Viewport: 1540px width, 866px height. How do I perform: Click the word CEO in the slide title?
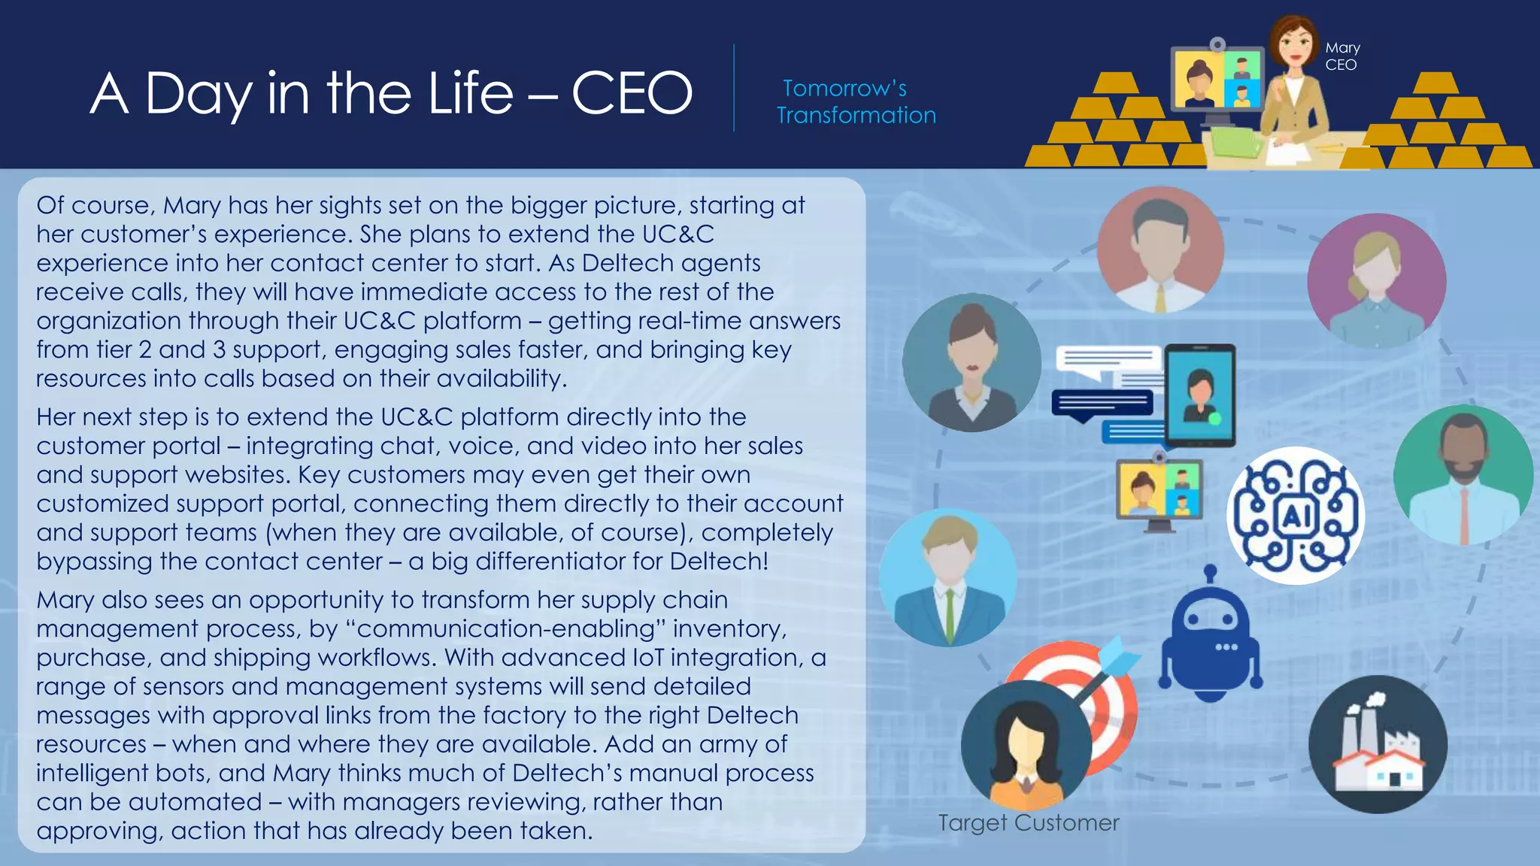point(632,94)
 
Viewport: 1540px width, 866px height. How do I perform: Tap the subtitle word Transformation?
point(856,115)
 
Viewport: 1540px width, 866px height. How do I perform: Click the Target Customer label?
point(1028,822)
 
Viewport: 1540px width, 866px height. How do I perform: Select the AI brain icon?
point(1295,516)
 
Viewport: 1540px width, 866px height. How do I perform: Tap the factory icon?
point(1378,744)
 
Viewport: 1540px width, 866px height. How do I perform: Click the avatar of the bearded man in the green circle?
point(1463,475)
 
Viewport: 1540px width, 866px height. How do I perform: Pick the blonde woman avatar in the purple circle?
point(1376,281)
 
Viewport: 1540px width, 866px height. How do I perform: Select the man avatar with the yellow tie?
point(1160,250)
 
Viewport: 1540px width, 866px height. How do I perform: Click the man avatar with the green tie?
point(948,577)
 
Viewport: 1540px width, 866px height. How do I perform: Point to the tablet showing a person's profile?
point(1200,395)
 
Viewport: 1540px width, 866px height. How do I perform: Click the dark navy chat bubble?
point(1102,404)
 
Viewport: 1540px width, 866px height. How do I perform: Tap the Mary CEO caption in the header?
point(1342,56)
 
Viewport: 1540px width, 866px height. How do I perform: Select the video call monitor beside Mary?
point(1217,81)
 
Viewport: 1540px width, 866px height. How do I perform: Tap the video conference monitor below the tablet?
point(1159,491)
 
